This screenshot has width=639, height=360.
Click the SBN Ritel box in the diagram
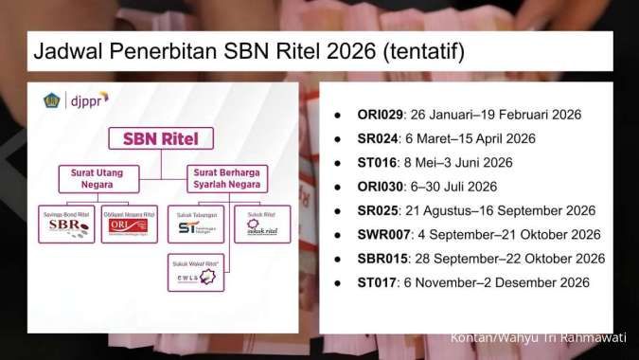(167, 138)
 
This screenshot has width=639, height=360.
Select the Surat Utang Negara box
(98, 177)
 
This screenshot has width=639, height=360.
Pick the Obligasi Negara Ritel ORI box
(129, 224)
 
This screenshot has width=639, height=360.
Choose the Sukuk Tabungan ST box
(195, 224)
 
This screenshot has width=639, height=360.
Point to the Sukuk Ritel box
(261, 224)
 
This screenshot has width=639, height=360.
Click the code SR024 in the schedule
(377, 138)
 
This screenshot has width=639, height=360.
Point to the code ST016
(376, 162)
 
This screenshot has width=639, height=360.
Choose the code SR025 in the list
(377, 210)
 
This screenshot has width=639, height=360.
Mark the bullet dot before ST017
(338, 282)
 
